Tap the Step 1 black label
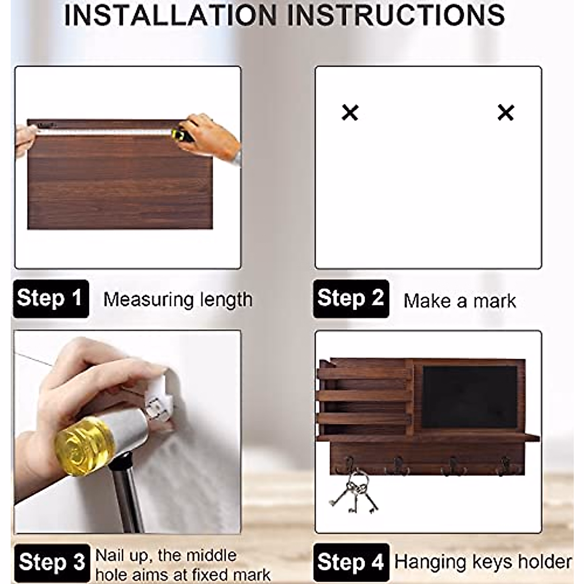[x=50, y=298]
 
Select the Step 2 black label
[x=351, y=298]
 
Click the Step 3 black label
[x=52, y=563]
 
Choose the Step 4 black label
[x=351, y=563]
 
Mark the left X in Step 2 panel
[x=350, y=112]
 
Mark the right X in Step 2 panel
[x=506, y=112]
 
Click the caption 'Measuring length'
[x=178, y=300]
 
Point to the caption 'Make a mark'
[x=459, y=301]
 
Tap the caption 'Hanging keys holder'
[x=483, y=562]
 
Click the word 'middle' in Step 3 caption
[x=211, y=555]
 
